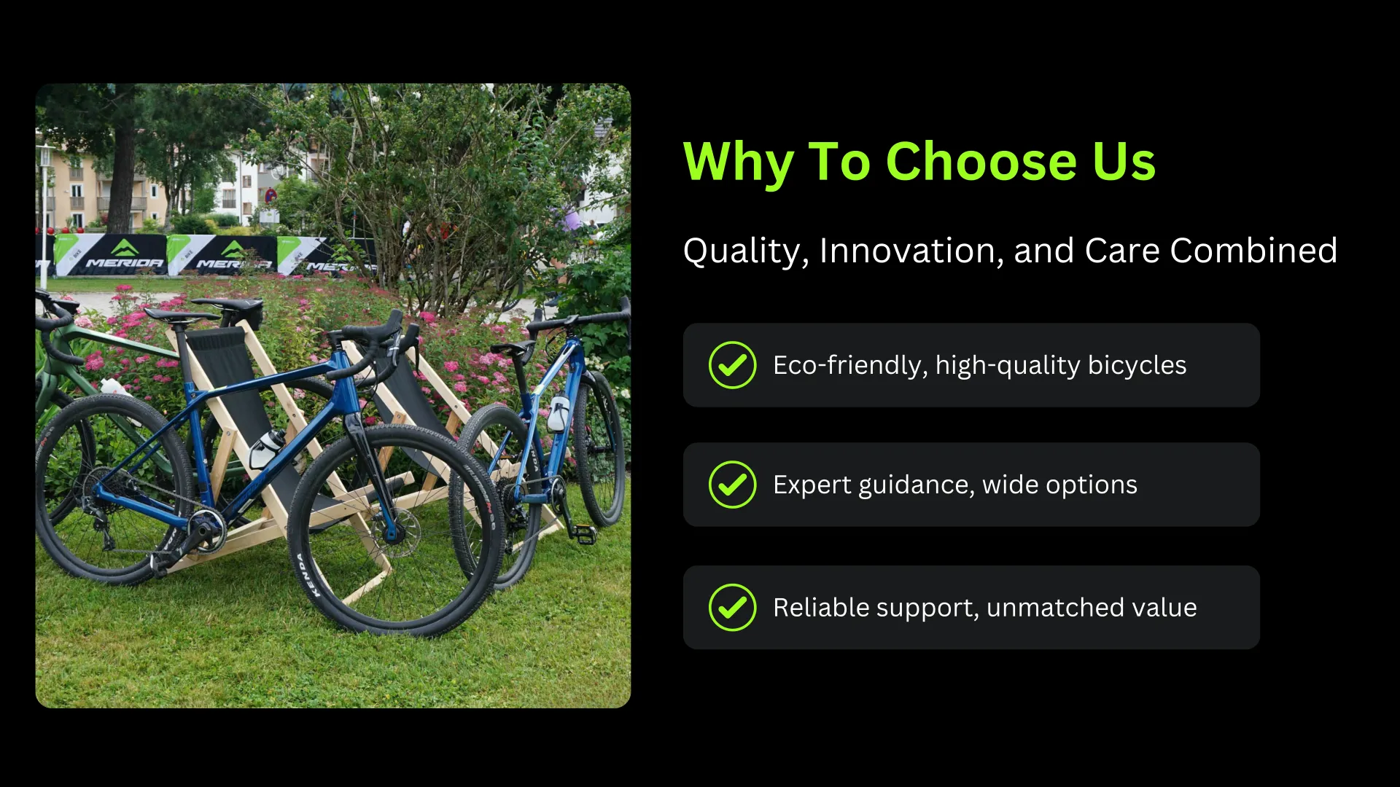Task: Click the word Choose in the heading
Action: pos(981,161)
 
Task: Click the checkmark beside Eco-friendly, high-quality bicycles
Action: pos(732,365)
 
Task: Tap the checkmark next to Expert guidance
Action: pos(732,485)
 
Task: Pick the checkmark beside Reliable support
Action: pos(732,608)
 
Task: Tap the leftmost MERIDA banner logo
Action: pos(125,256)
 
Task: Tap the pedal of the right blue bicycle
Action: pos(582,536)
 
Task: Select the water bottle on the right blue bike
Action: pos(559,414)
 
